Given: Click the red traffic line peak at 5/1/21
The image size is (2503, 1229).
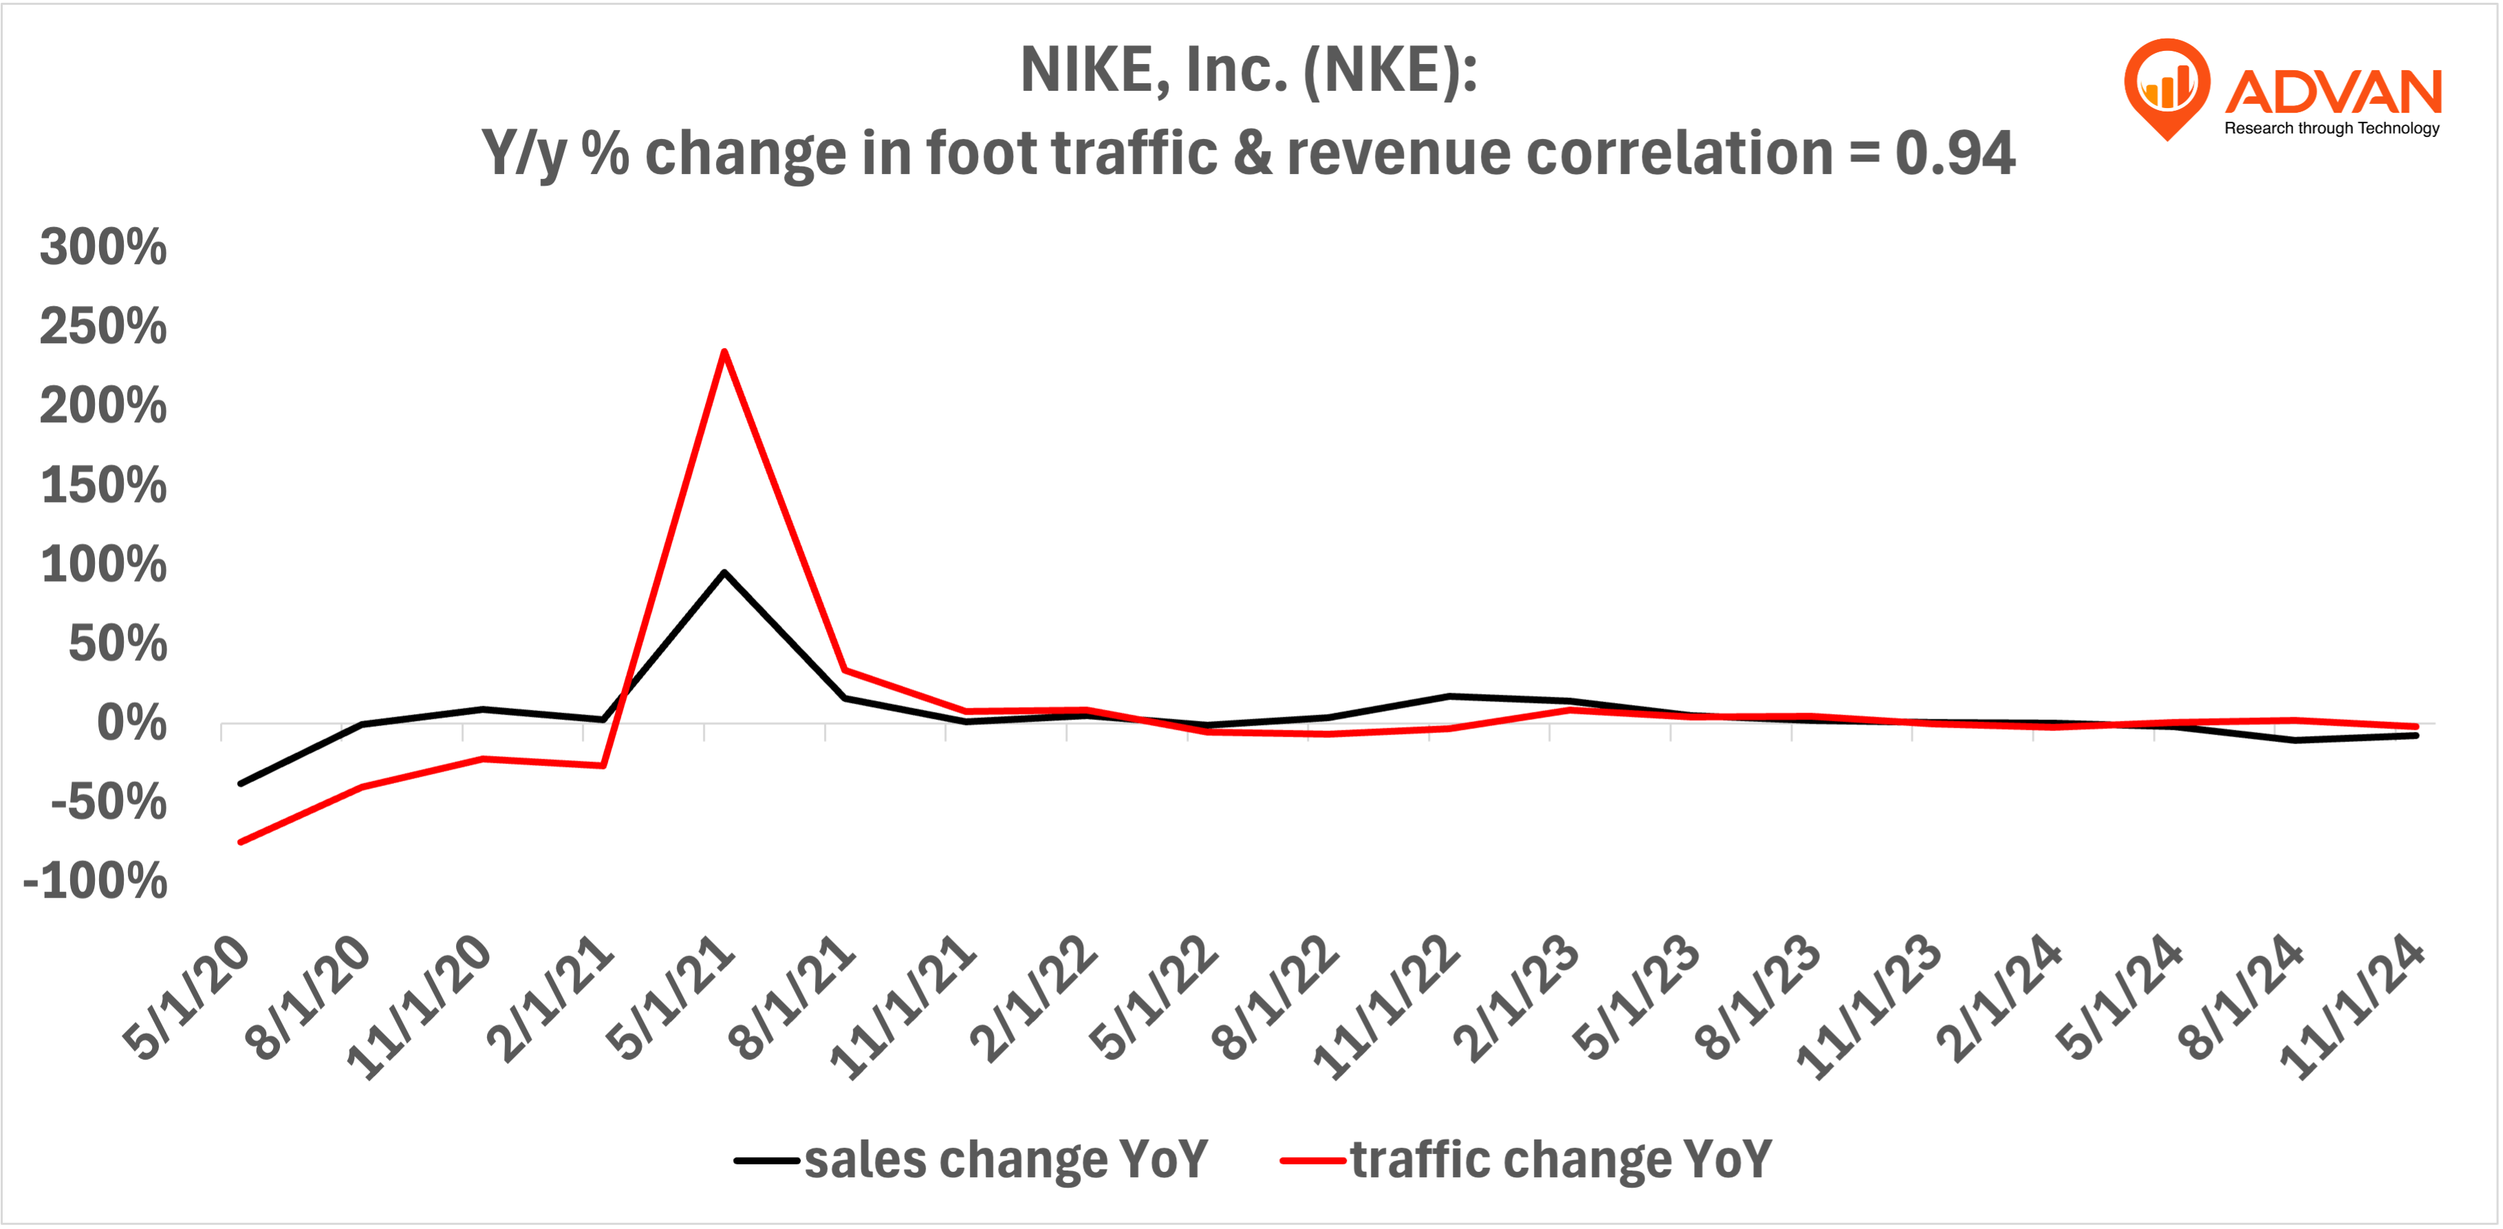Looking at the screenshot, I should coord(724,351).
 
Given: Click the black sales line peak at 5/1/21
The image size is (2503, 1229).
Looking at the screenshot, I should coord(724,573).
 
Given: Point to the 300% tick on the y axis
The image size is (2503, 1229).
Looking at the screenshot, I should coord(103,247).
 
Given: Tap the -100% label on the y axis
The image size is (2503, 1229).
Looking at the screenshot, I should coord(95,881).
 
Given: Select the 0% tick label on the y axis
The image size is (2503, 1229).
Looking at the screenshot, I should coord(131,724).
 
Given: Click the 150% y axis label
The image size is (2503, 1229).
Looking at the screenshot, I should coord(103,485).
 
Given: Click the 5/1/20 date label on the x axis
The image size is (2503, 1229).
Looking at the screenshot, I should coord(186,998).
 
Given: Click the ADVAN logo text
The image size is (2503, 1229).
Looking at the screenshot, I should coord(2332,92).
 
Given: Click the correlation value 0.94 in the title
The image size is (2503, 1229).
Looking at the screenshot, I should coord(1954,153).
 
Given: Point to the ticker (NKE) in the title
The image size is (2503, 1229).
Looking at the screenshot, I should coord(1389,70).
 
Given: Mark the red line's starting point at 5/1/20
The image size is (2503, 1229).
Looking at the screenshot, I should coord(241,841).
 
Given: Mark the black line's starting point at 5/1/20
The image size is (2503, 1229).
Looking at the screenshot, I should coord(241,783).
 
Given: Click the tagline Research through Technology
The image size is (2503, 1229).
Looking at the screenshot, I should coord(2331,128).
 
